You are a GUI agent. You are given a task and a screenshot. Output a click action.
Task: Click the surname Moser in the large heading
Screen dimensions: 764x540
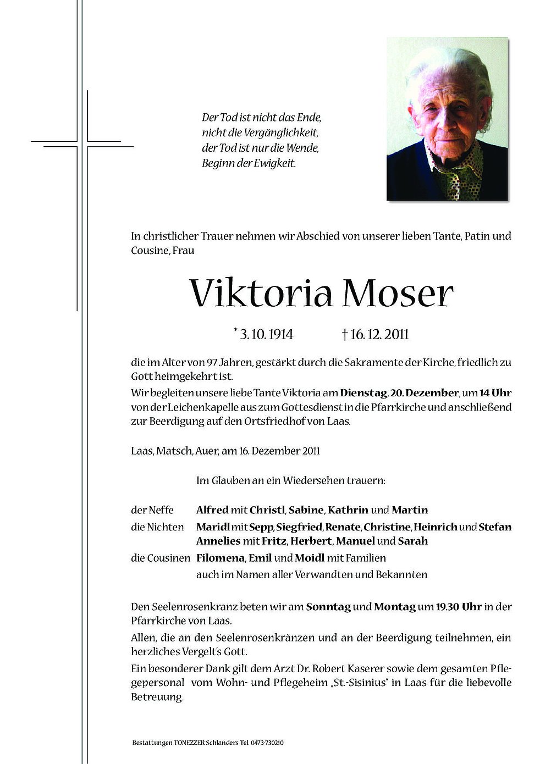[398, 294]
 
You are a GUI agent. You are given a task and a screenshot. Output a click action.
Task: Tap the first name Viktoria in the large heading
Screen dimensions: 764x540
[261, 294]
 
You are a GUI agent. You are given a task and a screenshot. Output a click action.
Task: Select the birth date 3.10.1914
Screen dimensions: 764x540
[266, 334]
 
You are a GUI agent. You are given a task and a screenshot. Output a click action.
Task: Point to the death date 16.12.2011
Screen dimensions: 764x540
[379, 334]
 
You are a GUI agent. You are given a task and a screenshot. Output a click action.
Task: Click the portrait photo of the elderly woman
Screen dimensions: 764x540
[447, 119]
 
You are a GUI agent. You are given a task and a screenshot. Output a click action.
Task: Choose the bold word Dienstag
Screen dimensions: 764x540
[363, 392]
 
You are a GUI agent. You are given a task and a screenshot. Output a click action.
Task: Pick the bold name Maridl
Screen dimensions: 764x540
[212, 527]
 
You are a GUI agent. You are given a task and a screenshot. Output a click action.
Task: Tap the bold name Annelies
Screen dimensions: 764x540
[218, 540]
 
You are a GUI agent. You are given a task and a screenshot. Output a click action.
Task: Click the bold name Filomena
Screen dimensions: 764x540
[220, 557]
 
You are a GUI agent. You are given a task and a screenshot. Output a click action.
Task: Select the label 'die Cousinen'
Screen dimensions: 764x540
[159, 557]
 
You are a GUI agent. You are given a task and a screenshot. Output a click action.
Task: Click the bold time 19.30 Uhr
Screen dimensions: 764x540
[459, 607]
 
